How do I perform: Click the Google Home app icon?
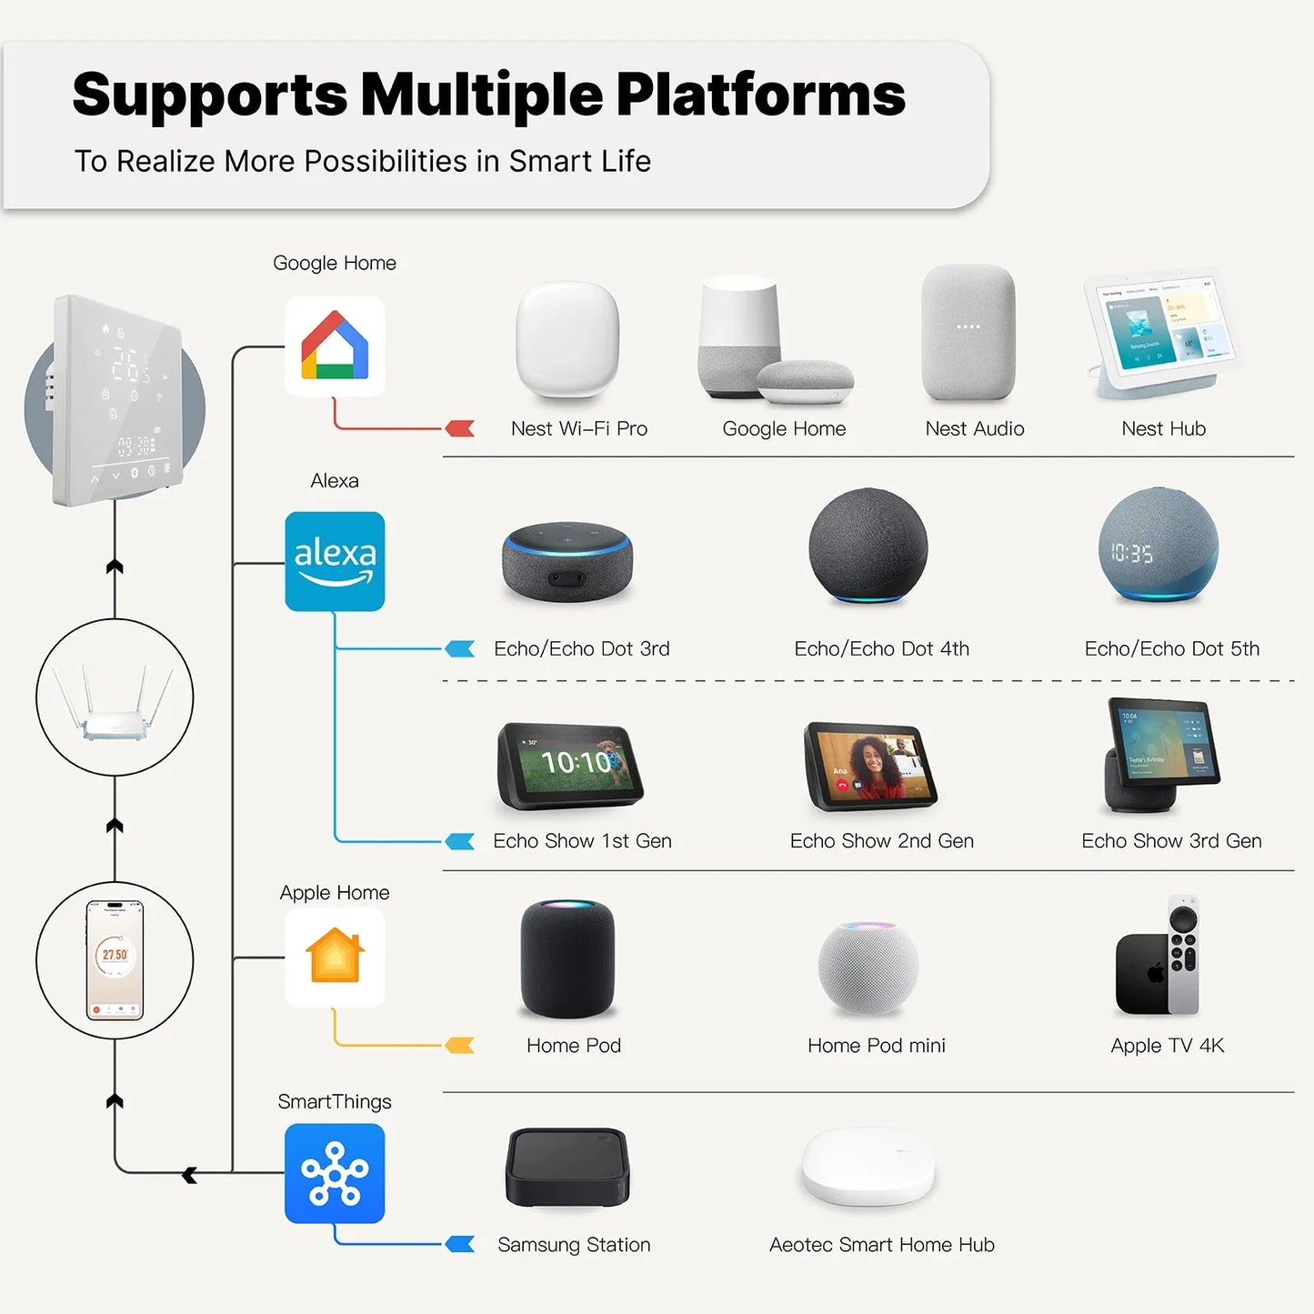point(335,346)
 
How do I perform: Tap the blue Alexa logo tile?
point(335,561)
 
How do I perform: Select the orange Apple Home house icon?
point(335,957)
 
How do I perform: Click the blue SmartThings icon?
point(335,1173)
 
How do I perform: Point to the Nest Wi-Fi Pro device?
point(567,340)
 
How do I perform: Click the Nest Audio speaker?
point(968,333)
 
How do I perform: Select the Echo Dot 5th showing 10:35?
point(1158,545)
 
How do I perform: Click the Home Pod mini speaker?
point(868,968)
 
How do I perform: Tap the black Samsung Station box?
point(567,1168)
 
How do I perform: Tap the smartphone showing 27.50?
point(115,960)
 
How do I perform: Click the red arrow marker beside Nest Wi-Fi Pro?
point(460,428)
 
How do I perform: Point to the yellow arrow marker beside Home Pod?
point(460,1046)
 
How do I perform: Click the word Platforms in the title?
point(760,95)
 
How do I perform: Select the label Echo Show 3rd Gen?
point(1171,841)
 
